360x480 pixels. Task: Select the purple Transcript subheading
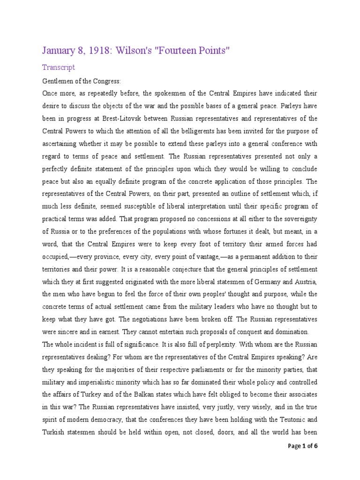pyautogui.click(x=59, y=67)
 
